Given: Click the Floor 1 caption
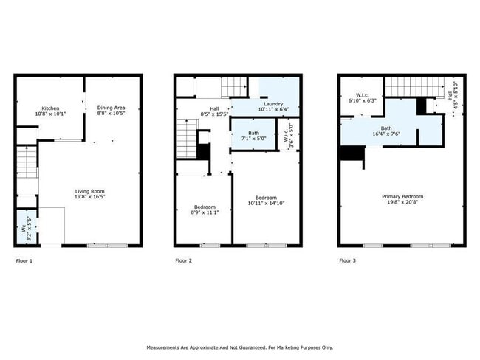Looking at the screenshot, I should pos(24,260).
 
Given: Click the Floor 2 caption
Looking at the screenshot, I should pos(183,260).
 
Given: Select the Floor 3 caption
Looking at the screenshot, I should pos(347,260).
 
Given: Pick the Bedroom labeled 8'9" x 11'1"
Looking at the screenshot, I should pos(203,210).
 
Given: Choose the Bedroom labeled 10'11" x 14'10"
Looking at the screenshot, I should pos(265,200).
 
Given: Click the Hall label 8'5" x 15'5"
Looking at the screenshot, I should pos(214,112).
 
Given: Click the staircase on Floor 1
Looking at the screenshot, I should pos(26,162).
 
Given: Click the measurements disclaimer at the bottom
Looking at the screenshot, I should pos(240,347).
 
